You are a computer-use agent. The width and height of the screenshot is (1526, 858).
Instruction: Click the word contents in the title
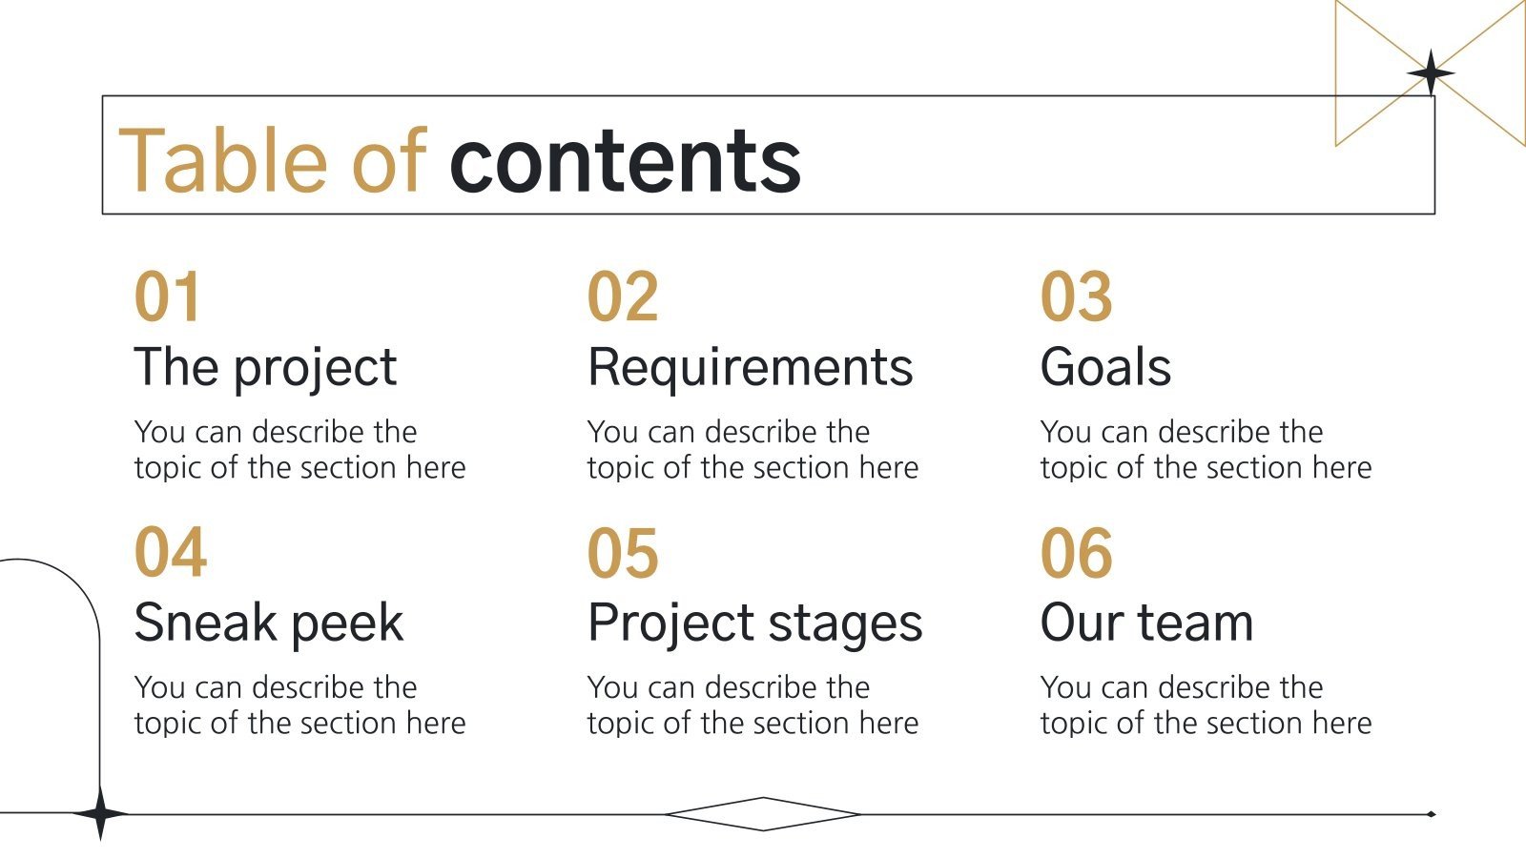pos(625,160)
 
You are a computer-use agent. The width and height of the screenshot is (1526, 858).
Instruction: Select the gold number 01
pos(168,296)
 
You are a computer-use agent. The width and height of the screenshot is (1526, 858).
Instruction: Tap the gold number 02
pos(622,296)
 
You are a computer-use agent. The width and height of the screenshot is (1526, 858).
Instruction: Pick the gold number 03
pos(1076,296)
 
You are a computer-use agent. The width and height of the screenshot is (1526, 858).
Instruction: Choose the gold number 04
pos(170,552)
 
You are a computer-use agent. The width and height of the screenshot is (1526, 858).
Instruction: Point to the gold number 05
pos(622,552)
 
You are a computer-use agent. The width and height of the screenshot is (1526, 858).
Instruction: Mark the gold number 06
pos(1076,552)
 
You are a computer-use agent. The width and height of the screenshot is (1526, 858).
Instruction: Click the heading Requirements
pos(750,367)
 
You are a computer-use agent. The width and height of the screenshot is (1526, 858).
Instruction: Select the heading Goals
pos(1105,367)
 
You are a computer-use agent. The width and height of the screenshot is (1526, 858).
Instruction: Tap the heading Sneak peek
pos(268,623)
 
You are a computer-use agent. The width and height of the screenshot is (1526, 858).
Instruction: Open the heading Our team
pos(1145,623)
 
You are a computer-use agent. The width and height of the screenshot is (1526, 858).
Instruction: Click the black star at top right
pos(1431,73)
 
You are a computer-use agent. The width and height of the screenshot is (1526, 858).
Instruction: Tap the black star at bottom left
pos(100,814)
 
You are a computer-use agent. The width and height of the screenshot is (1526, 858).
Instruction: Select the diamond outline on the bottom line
pos(763,814)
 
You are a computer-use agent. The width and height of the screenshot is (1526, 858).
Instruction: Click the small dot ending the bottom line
pos(1431,814)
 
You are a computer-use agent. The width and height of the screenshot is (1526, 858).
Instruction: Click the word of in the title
pos(387,160)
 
